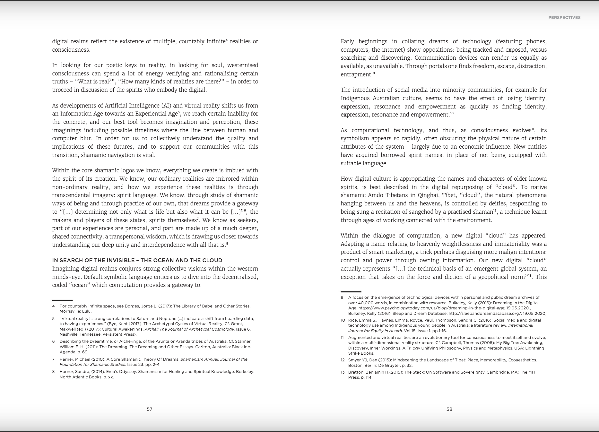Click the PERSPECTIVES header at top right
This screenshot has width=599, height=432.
564,18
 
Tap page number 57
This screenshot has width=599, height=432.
150,409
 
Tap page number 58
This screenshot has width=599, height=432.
449,409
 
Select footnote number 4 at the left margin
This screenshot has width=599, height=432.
54,306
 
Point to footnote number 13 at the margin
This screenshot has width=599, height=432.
343,372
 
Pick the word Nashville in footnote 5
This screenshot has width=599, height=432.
69,334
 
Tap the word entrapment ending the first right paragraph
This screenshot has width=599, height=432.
356,74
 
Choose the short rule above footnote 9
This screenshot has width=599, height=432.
351,292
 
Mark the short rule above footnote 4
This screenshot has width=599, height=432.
62,300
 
